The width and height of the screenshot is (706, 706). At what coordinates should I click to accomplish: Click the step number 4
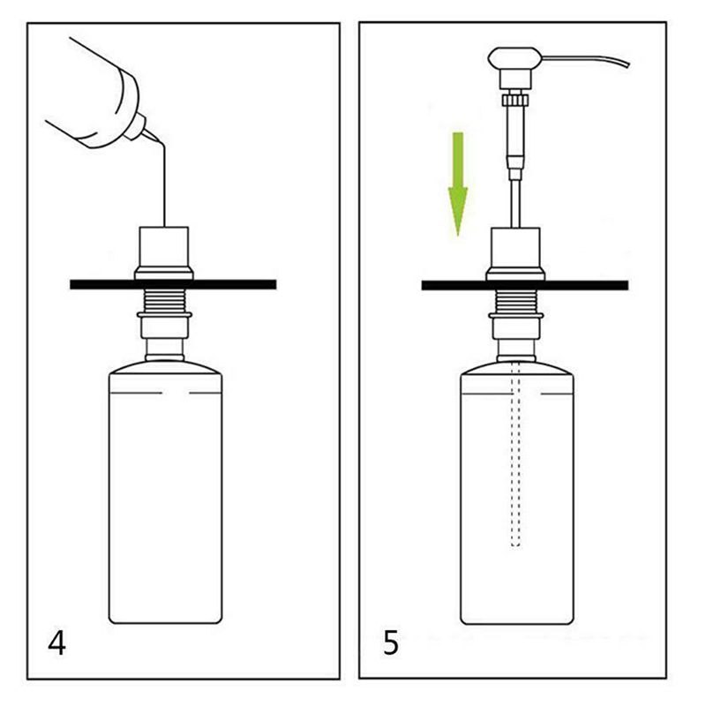[x=56, y=643]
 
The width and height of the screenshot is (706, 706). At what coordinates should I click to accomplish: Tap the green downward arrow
[x=458, y=184]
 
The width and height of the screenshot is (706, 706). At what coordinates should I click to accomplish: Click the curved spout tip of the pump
[x=627, y=64]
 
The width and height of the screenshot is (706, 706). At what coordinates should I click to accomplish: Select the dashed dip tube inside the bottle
[x=516, y=454]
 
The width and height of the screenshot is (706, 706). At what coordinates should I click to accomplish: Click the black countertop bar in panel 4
[x=173, y=284]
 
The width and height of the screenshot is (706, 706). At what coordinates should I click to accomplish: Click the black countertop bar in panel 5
[x=524, y=285]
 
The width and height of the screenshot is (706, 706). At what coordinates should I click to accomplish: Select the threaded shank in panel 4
[x=164, y=299]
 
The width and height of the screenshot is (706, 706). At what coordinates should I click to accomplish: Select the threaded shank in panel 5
[x=516, y=301]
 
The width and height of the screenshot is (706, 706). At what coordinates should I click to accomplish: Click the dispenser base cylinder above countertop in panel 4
[x=164, y=253]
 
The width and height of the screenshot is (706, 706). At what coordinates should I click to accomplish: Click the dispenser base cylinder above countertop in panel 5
[x=516, y=254]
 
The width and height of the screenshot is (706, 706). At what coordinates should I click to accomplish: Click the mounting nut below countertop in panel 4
[x=164, y=324]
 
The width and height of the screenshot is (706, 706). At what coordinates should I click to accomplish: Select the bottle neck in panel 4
[x=164, y=349]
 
